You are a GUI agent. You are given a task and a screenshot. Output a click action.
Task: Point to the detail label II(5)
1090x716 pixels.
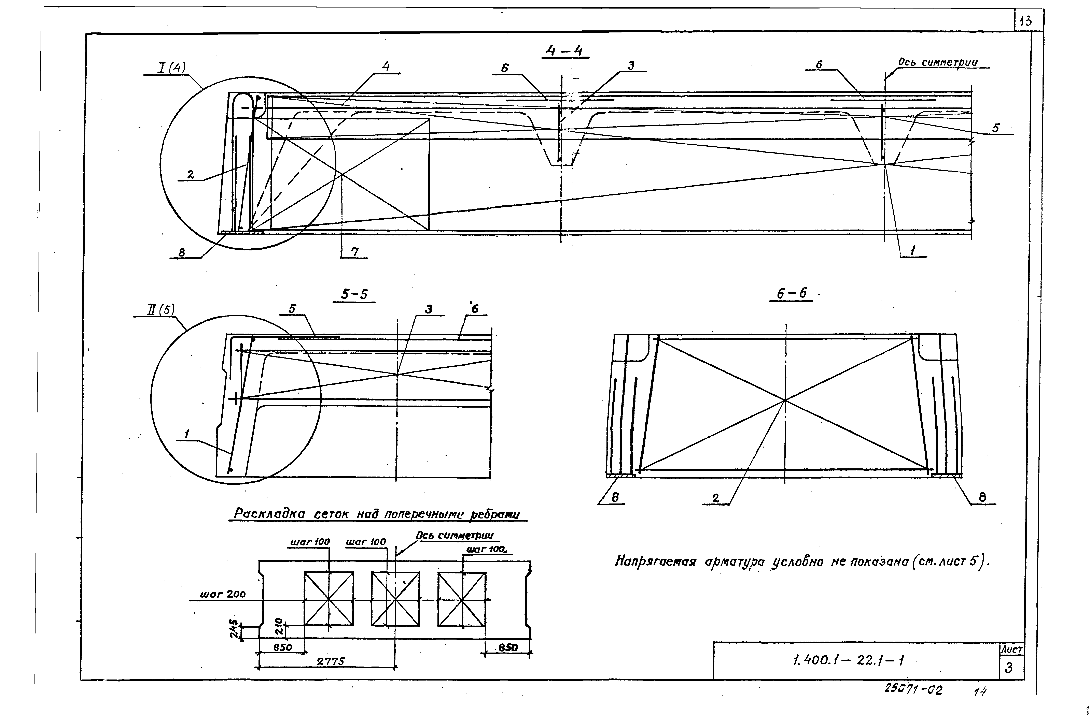point(160,310)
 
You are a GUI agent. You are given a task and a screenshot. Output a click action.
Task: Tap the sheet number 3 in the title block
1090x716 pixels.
point(1009,668)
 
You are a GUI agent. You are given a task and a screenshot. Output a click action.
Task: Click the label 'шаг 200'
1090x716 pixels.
point(223,595)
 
